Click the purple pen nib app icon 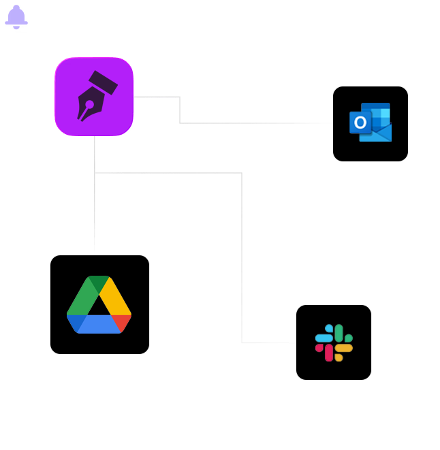point(94,97)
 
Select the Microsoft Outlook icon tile point(371,124)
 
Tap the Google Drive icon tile point(99,304)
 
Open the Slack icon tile point(334,342)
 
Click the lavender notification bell point(16,16)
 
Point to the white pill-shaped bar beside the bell point(145,18)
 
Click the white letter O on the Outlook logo point(360,123)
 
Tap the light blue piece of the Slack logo point(324,338)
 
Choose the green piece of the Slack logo point(339,334)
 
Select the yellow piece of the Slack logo point(343,348)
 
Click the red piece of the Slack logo point(329,352)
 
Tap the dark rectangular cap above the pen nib point(102,82)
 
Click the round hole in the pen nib point(89,104)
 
